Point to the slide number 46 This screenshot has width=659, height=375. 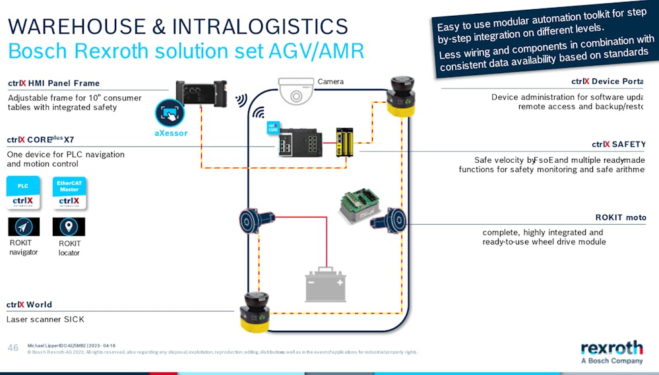coord(13,347)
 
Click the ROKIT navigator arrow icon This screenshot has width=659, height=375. coord(24,227)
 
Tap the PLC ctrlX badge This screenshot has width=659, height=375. coord(23,193)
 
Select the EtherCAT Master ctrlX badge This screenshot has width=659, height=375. coord(69,193)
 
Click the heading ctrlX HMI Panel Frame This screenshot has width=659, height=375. coord(53,83)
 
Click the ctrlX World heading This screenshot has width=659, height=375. coord(29,304)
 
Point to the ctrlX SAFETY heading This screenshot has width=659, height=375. coord(618,144)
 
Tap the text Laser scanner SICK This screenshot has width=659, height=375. coord(45,320)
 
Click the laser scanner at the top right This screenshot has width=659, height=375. coord(400,96)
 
